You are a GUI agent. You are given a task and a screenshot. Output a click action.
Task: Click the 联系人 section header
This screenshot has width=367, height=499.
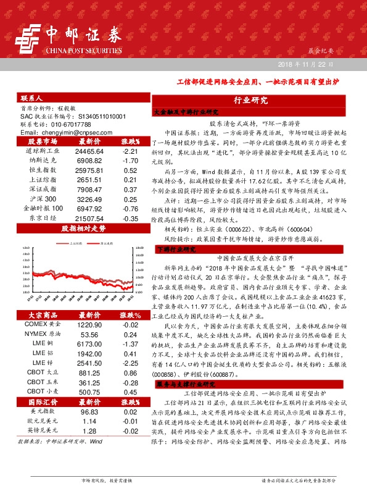(31, 98)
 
